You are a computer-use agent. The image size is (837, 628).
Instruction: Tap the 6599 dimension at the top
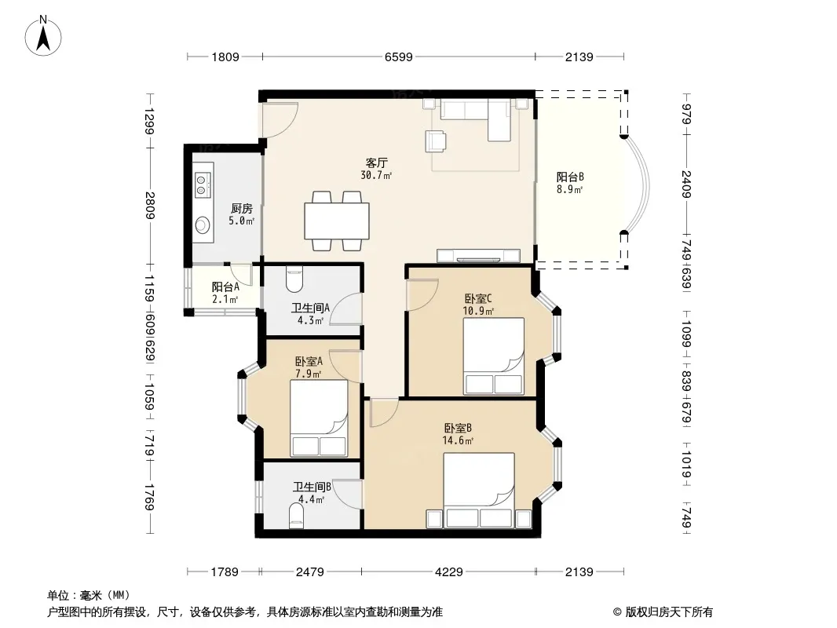[x=399, y=57]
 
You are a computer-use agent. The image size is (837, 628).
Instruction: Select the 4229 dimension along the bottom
[x=449, y=572]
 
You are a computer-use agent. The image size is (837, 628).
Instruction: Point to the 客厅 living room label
[x=376, y=162]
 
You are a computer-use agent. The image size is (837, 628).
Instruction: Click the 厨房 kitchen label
[x=241, y=209]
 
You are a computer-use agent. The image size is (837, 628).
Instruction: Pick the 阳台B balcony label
[x=570, y=177]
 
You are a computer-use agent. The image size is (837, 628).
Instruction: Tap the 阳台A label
[x=225, y=287]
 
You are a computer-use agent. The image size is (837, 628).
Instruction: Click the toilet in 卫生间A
[x=294, y=279]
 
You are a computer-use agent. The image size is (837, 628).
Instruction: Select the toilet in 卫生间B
[x=296, y=517]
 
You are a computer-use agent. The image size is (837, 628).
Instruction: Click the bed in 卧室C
[x=494, y=356]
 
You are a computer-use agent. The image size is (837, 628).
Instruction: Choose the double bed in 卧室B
[x=479, y=491]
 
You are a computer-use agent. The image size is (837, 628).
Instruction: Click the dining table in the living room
[x=337, y=221]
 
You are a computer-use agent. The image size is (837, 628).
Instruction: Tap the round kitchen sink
[x=203, y=225]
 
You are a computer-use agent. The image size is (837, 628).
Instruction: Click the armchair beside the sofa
[x=436, y=141]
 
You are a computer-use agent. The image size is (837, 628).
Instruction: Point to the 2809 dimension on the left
[x=149, y=206]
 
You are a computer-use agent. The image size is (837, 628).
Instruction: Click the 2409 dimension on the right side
[x=686, y=184]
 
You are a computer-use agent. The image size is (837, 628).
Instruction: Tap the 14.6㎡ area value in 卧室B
[x=458, y=440]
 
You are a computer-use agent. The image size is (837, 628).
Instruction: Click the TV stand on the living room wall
[x=479, y=256]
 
